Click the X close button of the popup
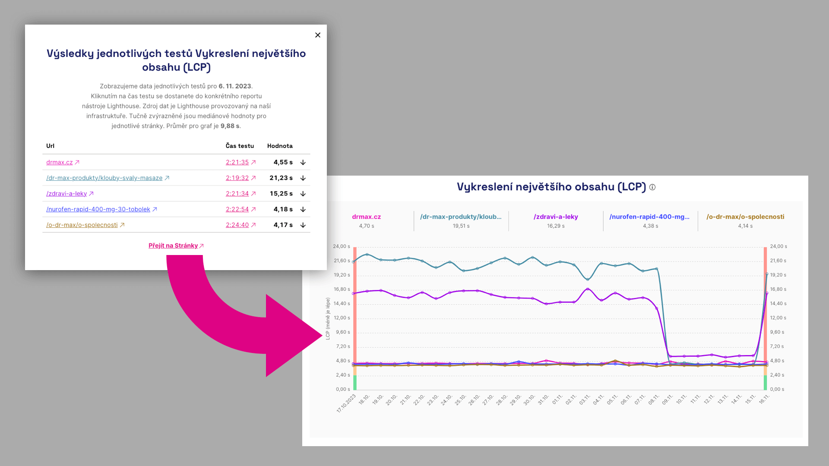pos(318,35)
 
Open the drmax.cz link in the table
pos(60,162)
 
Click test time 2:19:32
pos(237,178)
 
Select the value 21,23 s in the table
pos(281,178)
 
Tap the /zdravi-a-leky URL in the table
pos(66,194)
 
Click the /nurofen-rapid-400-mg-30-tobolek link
pos(98,209)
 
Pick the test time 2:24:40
pos(237,225)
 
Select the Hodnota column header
pos(280,146)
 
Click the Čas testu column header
pos(240,146)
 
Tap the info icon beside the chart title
pos(652,187)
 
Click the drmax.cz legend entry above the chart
pos(366,217)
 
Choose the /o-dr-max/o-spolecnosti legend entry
pos(745,217)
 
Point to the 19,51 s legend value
pos(461,226)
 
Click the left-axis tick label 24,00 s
pos(341,246)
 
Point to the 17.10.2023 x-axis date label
pos(346,403)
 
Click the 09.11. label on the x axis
pos(668,399)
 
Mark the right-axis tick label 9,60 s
pos(777,332)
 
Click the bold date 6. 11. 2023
pos(235,86)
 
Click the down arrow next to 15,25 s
pos(303,194)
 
